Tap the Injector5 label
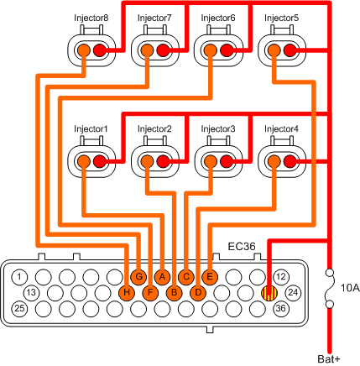(280, 18)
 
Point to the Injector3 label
(218, 128)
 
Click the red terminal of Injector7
(163, 52)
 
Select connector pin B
(174, 292)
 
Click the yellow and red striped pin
(269, 292)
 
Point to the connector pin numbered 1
(22, 276)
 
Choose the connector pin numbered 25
(22, 308)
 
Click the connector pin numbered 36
(282, 308)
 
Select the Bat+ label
(331, 359)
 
